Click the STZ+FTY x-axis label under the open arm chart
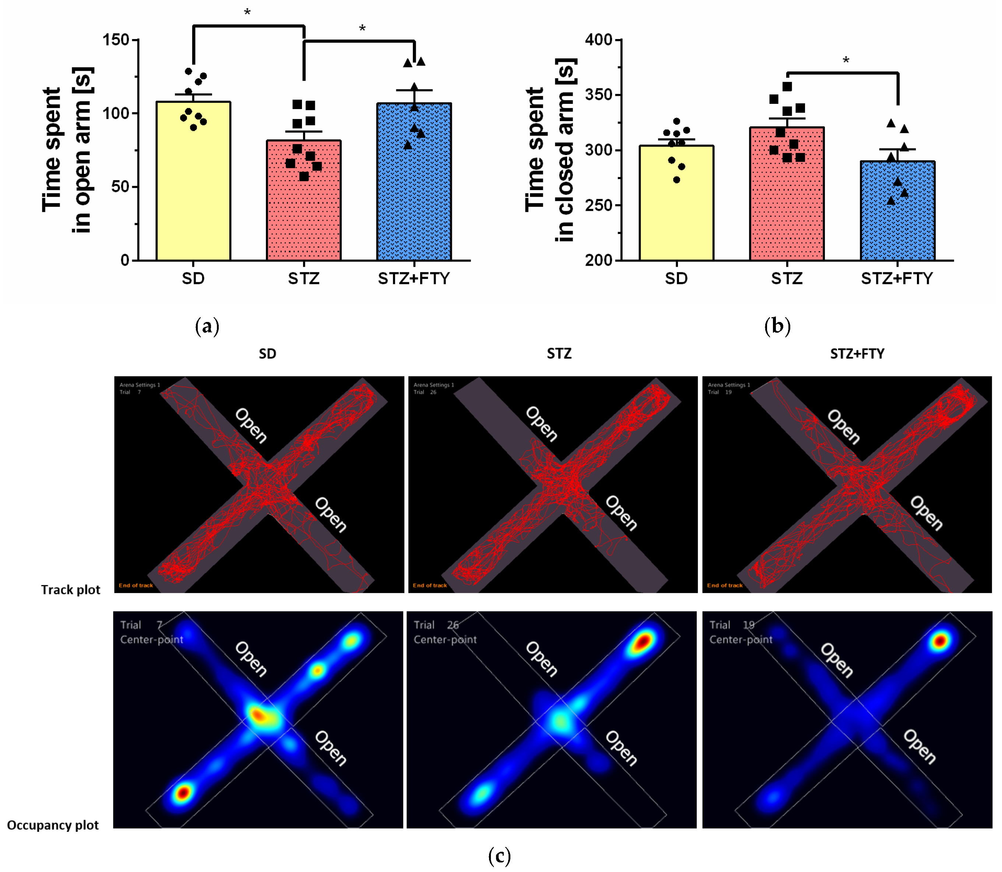click(414, 279)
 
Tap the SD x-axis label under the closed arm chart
click(676, 279)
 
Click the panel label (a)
click(207, 326)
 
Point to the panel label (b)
click(777, 326)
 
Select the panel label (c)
click(499, 855)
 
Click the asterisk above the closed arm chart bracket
click(846, 61)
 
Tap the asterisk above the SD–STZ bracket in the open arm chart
click(247, 13)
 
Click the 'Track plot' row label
click(71, 590)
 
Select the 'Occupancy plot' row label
click(53, 825)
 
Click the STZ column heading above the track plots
click(559, 354)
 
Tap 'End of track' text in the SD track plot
click(136, 585)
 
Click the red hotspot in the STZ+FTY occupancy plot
click(940, 641)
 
